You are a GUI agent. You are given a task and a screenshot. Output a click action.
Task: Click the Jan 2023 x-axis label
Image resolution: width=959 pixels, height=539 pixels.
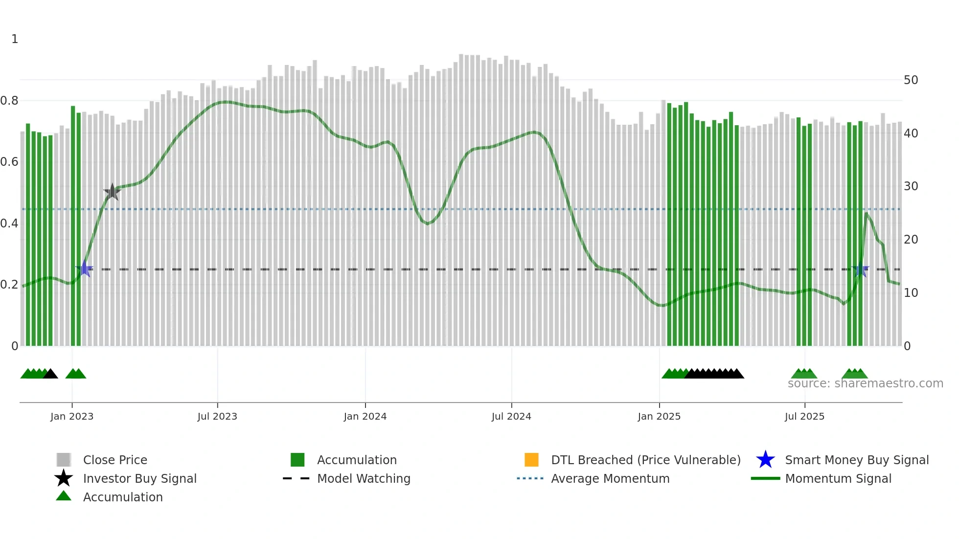pos(71,416)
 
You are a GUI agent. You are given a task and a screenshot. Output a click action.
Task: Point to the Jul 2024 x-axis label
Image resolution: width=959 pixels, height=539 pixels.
pos(511,416)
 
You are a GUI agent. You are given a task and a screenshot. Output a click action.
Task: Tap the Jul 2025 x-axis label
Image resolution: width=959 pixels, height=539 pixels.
pos(804,416)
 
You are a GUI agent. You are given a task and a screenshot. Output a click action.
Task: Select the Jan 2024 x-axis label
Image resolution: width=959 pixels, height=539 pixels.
pos(365,416)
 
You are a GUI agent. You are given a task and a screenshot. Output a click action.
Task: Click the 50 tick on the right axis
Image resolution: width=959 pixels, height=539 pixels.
pos(911,80)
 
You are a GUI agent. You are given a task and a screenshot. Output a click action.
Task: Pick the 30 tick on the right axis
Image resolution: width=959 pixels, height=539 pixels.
pos(911,186)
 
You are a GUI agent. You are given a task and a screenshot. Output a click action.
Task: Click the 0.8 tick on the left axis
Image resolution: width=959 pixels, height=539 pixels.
pos(9,101)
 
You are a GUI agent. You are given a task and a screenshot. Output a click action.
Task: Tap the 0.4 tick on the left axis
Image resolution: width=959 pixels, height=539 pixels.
pos(9,224)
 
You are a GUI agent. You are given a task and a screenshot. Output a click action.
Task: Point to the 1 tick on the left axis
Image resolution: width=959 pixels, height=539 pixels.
pos(15,39)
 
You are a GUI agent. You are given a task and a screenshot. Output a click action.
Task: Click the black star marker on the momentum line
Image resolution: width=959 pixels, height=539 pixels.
pos(112,192)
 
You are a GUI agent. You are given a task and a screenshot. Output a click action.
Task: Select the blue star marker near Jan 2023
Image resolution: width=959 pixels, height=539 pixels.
pos(85,269)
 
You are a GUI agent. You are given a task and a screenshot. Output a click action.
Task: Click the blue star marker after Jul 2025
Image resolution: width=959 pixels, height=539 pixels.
pos(860,269)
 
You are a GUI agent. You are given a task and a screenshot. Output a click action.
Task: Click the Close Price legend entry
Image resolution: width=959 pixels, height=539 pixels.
pos(115,460)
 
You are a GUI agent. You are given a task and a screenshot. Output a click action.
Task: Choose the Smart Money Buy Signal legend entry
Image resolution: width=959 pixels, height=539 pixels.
pos(856,460)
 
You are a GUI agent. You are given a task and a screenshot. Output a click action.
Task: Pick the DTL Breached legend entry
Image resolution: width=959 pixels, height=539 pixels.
pos(645,460)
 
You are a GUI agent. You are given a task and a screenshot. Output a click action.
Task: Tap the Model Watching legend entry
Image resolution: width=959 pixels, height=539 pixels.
pos(363,478)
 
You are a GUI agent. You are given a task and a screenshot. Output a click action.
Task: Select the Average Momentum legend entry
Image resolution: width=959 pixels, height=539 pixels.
pos(610,478)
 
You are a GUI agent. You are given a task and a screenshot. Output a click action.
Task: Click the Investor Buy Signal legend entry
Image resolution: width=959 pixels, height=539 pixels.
pos(139,478)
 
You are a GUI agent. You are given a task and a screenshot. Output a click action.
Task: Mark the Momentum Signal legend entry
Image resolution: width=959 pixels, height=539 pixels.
pos(838,478)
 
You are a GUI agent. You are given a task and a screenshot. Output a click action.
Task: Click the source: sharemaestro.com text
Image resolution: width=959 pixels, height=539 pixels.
pos(865,383)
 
